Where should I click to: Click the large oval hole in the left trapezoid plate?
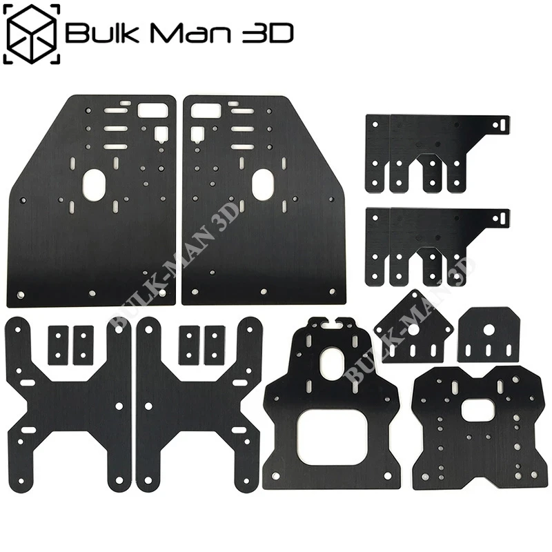pos(95,185)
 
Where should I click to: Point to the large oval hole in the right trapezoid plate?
pos(263,185)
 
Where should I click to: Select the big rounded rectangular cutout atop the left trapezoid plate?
pos(152,110)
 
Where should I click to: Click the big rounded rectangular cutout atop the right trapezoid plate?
pos(204,110)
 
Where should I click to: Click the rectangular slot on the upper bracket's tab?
pos(502,125)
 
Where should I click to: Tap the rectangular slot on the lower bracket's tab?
pos(502,218)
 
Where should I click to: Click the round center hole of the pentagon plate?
pos(412,328)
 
